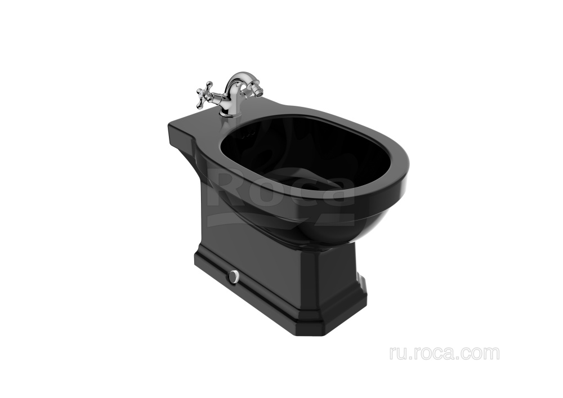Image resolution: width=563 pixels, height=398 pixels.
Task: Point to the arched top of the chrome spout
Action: (234, 77)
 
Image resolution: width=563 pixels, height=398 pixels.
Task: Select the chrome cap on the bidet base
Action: (235, 275)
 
